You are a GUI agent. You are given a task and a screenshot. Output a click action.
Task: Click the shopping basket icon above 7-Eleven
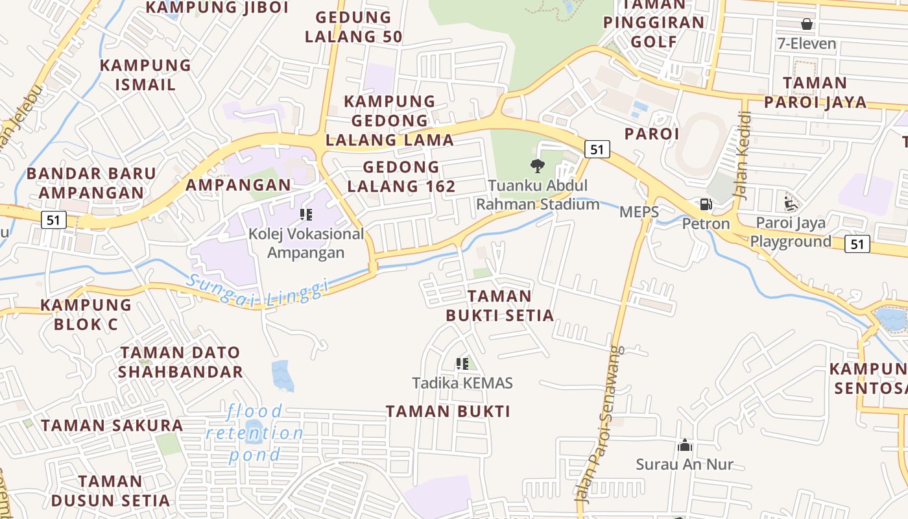pos(807,25)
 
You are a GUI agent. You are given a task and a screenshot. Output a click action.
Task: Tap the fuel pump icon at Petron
pos(706,204)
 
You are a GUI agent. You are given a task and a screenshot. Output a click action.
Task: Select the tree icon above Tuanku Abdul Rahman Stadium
pos(537,166)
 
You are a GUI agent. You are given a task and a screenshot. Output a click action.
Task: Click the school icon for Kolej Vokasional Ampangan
pos(306,215)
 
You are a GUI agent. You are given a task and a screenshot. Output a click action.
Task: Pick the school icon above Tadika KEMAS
pos(462,364)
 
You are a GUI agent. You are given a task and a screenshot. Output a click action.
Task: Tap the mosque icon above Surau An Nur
pos(685,446)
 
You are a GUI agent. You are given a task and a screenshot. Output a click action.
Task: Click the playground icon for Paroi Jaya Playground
pos(790,204)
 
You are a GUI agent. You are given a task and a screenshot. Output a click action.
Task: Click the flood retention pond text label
pos(256,433)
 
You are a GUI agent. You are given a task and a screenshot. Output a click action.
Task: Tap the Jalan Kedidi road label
pos(744,156)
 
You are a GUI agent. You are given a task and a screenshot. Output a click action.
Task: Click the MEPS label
pos(639,212)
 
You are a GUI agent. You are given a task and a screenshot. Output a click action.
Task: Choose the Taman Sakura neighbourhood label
pos(112,426)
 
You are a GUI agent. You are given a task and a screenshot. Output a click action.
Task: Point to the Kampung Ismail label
pos(146,75)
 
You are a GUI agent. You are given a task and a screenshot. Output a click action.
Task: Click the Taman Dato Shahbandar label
pos(181,362)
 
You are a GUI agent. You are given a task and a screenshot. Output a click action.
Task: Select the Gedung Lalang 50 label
pos(353,27)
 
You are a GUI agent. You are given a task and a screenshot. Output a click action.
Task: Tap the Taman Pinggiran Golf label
pos(653,23)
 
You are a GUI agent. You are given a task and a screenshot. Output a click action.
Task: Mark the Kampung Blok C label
pos(86,315)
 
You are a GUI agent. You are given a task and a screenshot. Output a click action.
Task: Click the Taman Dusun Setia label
pos(110,491)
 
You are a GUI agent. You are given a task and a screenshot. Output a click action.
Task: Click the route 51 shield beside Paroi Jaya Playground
pos(857,244)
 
